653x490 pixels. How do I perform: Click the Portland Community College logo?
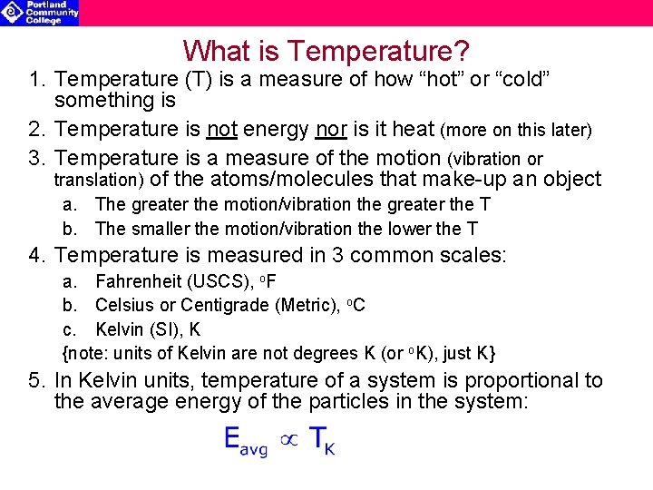click(40, 12)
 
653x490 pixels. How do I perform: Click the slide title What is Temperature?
click(326, 50)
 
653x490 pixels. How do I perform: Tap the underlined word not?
click(221, 130)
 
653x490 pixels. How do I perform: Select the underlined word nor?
click(332, 130)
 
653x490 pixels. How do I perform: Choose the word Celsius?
click(122, 305)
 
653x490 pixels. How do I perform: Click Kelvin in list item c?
click(119, 328)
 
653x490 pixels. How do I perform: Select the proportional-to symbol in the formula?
click(288, 440)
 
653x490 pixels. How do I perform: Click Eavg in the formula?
click(246, 443)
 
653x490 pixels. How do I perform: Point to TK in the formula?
click(321, 442)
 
